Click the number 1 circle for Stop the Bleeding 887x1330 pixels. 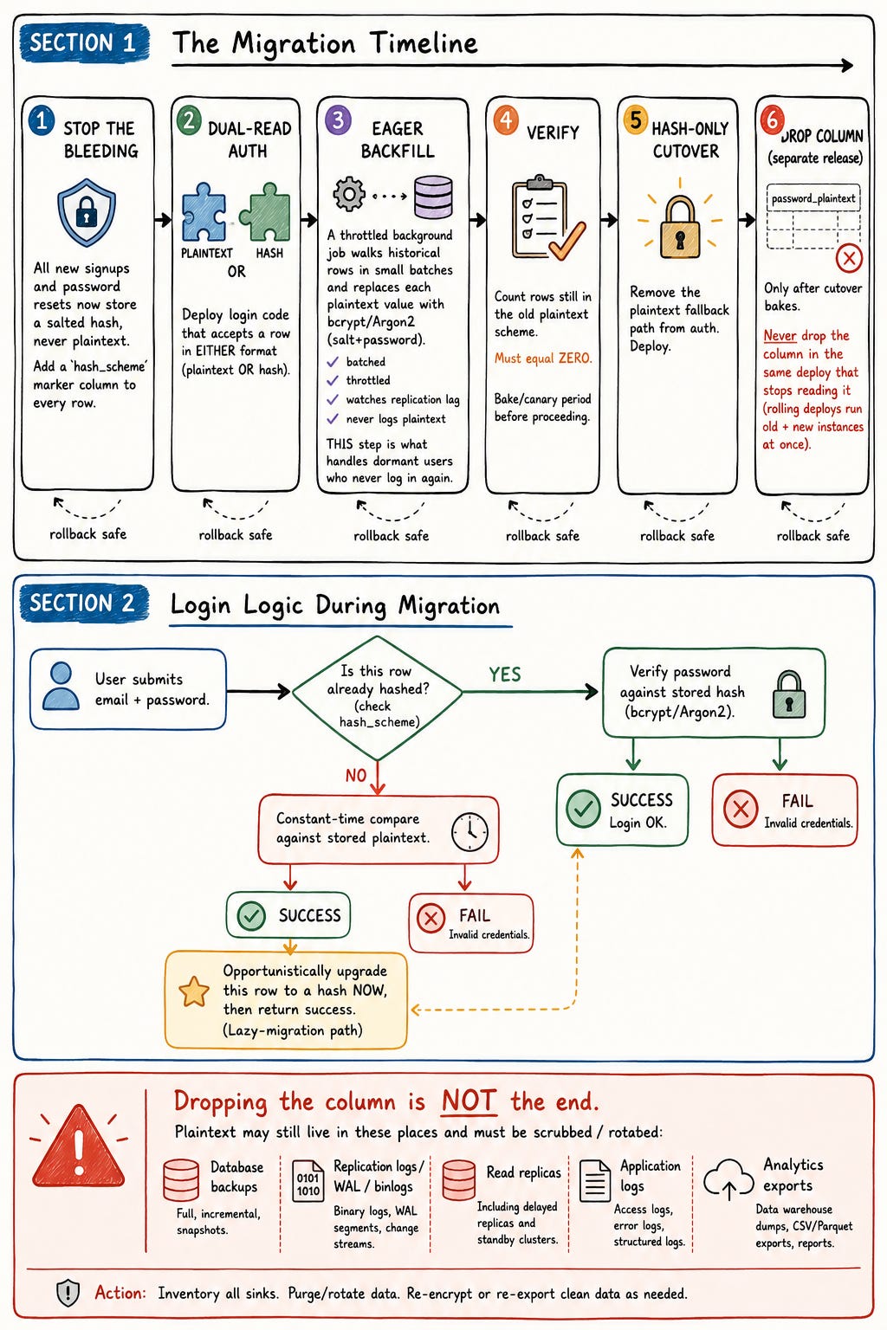(41, 120)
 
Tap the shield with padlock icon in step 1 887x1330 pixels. (86, 212)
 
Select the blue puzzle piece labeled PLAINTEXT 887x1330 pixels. (204, 211)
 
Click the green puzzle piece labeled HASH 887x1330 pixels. (266, 211)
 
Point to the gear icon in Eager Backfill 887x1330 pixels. (349, 194)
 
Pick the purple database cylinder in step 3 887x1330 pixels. (433, 197)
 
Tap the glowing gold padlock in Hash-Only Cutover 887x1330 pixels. (680, 226)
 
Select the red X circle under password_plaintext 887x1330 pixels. (849, 258)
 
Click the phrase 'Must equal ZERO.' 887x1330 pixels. (543, 358)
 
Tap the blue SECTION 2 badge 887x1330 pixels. (83, 603)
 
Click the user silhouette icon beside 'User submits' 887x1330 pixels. (61, 687)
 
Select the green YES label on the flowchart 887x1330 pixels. (505, 675)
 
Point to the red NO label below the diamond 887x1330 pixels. (356, 776)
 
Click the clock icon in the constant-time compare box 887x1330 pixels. (469, 831)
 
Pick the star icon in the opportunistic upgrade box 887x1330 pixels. (194, 991)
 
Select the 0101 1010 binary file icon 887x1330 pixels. (308, 1181)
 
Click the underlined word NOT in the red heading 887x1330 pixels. (469, 1101)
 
